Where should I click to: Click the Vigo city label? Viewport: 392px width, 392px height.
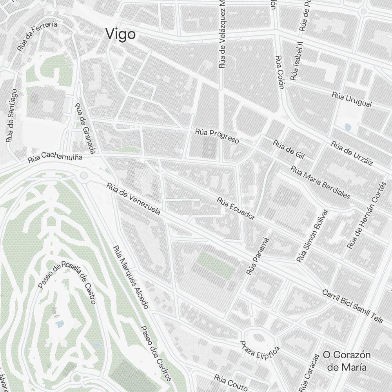click(121, 34)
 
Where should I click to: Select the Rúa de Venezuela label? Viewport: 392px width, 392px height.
click(133, 199)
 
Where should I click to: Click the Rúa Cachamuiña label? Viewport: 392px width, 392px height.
click(55, 158)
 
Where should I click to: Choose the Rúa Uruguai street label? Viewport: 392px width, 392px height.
click(351, 100)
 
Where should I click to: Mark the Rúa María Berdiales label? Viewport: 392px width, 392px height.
click(320, 182)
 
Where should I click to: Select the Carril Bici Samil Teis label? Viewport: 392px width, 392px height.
click(352, 306)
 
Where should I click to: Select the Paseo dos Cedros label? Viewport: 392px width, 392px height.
click(156, 353)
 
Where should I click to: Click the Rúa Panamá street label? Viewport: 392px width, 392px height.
click(258, 256)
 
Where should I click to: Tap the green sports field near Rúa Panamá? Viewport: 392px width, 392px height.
click(216, 265)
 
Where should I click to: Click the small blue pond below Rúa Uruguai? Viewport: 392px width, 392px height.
click(347, 127)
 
